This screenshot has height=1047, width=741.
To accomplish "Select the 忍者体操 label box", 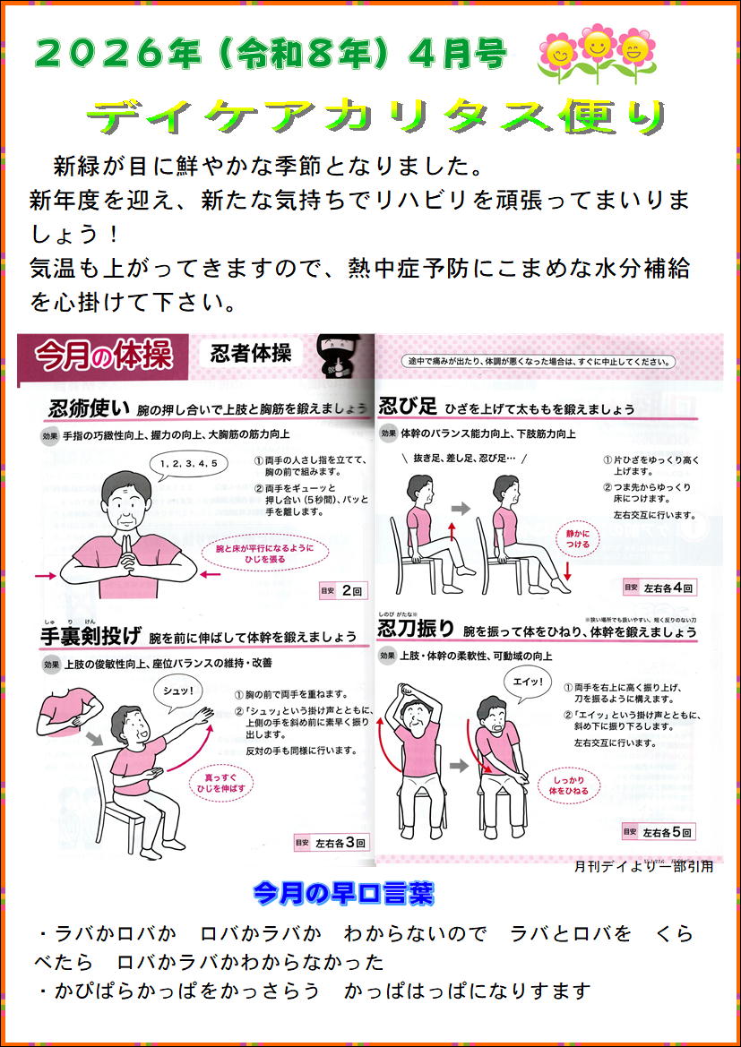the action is click(x=251, y=354).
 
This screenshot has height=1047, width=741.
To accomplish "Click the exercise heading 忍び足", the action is click(x=408, y=406).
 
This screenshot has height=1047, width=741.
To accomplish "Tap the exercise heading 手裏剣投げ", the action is click(x=90, y=636).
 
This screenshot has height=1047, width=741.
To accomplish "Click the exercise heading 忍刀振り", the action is click(x=417, y=629).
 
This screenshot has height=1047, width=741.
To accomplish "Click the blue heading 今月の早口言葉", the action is click(x=344, y=891).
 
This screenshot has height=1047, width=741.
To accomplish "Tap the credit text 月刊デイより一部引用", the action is click(x=643, y=867).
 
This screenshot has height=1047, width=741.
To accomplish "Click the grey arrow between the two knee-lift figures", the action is click(x=461, y=508).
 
